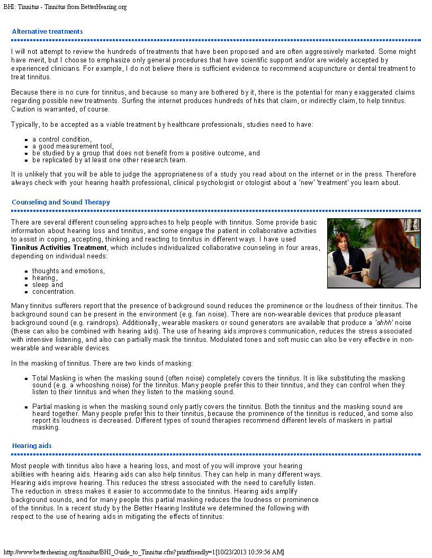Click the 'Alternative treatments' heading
tap(47, 32)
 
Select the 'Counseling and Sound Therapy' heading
tap(61, 202)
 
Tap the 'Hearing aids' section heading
tap(32, 446)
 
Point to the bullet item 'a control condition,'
tap(61, 139)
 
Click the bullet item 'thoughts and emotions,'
tap(68, 271)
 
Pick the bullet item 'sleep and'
tap(47, 285)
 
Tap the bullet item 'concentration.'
tap(53, 292)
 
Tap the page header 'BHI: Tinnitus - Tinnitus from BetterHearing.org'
tap(65, 7)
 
